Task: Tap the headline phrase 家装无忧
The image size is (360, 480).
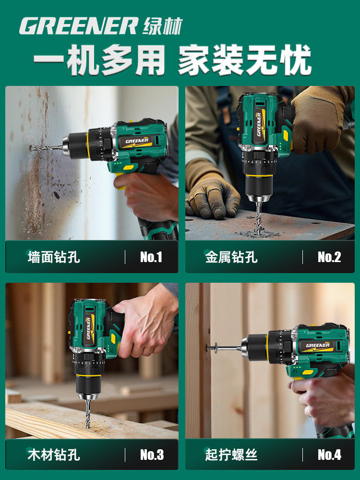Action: click(x=245, y=61)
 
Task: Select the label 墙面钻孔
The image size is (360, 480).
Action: click(x=54, y=257)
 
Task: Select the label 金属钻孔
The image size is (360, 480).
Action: click(x=231, y=257)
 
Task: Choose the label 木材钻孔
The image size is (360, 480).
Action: click(x=54, y=454)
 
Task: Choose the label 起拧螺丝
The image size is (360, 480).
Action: click(x=231, y=454)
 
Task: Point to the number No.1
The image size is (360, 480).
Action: click(x=151, y=257)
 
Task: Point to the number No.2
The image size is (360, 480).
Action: click(x=329, y=257)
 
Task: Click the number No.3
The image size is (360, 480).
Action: click(x=151, y=454)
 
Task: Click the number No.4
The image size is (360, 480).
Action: click(x=329, y=454)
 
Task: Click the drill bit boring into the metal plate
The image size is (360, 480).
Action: click(x=258, y=216)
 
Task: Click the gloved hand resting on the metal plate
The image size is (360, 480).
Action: click(x=212, y=192)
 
